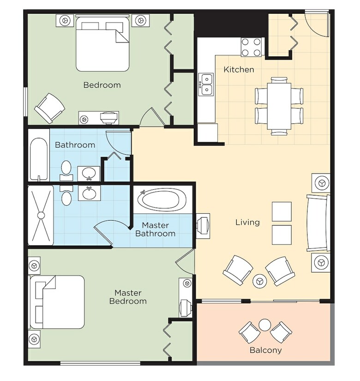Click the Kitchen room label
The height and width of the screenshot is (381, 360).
point(239,69)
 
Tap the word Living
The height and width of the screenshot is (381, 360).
point(247,222)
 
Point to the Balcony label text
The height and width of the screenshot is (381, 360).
point(265,350)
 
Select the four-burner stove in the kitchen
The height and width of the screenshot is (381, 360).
point(251,47)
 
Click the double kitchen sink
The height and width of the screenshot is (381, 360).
point(206,85)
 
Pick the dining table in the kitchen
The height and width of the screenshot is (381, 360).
point(279,106)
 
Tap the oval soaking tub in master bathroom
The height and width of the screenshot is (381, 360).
point(162,200)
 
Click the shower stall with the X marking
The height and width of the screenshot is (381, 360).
point(41,215)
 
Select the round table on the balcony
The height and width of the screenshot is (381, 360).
point(264,325)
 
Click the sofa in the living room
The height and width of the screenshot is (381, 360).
point(318,223)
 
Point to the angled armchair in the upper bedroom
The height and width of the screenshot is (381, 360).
point(49,108)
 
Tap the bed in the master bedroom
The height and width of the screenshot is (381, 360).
point(57,302)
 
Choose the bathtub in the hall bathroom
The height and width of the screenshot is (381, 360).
point(39,159)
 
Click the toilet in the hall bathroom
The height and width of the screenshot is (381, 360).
point(66,170)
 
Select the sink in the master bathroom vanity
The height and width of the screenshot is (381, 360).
point(89,194)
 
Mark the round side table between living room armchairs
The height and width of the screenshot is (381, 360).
point(260,281)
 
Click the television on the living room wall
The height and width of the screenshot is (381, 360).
point(203,226)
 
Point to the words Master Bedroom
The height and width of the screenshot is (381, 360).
point(128,297)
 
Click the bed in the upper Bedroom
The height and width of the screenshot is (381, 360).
point(102,43)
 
